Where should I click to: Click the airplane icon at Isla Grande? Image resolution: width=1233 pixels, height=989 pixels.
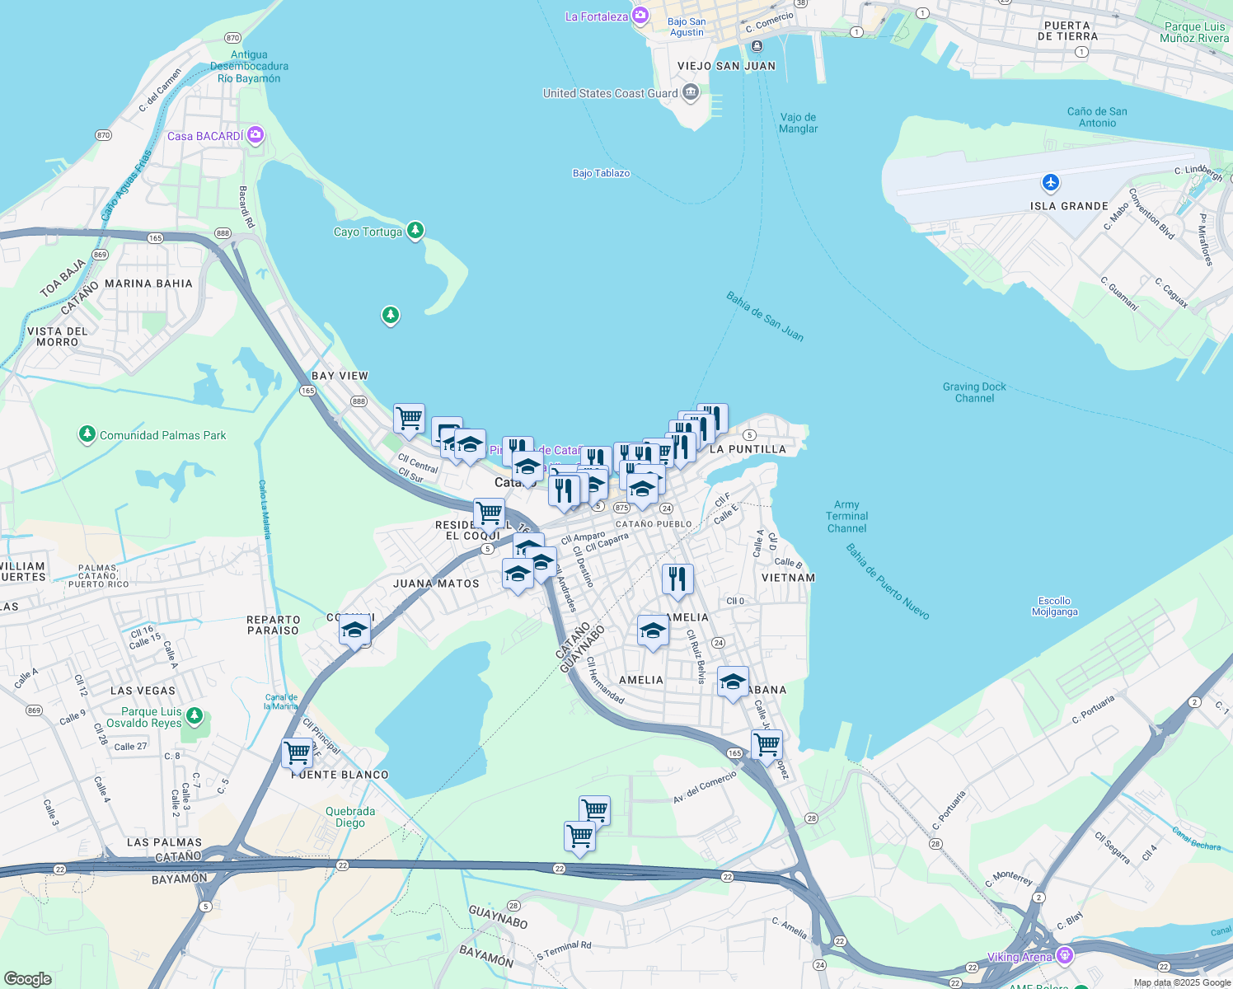[1050, 182]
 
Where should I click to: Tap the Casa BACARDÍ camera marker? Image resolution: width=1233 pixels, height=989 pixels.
[256, 135]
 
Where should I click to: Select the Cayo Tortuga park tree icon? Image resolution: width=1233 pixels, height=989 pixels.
[415, 230]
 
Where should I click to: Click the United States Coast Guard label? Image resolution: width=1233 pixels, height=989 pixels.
[610, 93]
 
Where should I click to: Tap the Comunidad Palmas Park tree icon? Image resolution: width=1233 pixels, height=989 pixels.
[87, 434]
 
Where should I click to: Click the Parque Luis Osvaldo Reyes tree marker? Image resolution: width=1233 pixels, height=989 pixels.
[195, 715]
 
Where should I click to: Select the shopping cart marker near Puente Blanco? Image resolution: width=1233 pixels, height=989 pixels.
[298, 752]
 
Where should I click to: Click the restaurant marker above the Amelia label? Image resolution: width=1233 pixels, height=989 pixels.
[677, 579]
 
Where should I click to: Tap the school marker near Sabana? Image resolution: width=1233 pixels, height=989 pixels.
[733, 682]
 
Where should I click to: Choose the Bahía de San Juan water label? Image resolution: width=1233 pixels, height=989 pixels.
[764, 316]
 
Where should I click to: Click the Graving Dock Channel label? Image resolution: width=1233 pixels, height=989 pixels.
[974, 392]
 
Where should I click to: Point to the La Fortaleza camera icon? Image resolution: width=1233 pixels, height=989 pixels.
[640, 16]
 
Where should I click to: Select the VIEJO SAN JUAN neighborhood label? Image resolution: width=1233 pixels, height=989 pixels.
[726, 66]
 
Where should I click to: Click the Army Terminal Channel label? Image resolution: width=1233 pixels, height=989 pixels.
[846, 517]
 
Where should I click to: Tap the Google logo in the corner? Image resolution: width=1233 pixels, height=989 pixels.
[27, 978]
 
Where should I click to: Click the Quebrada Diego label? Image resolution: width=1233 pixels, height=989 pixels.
[350, 817]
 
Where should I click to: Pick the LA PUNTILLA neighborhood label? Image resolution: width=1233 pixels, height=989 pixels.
[748, 449]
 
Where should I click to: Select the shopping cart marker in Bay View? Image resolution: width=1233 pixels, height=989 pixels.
[409, 419]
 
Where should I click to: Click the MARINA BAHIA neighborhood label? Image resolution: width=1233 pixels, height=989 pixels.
[148, 284]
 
